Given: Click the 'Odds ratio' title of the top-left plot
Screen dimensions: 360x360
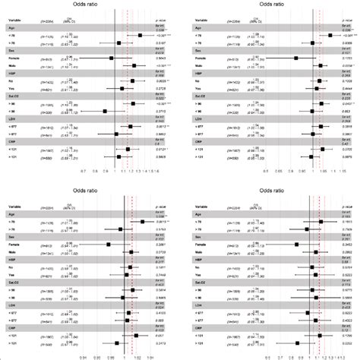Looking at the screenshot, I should point(90,5).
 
